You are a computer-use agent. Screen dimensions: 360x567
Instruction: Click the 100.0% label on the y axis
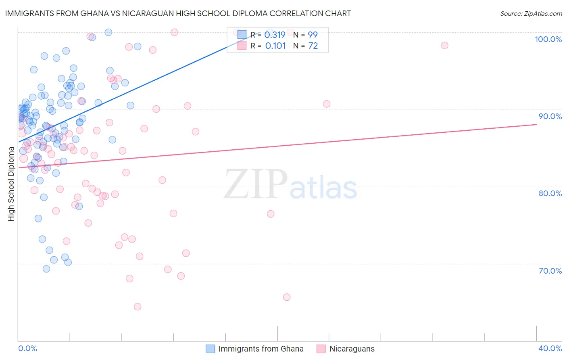[548, 39]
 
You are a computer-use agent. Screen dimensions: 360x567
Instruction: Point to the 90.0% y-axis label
[550, 116]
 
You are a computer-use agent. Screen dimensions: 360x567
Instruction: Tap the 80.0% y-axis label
[550, 193]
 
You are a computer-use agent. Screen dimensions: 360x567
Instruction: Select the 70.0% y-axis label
[550, 271]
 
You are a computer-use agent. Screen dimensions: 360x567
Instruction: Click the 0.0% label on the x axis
[27, 348]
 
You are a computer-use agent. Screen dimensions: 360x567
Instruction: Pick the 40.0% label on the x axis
[550, 348]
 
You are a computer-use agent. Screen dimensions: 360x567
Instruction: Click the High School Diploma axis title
[11, 184]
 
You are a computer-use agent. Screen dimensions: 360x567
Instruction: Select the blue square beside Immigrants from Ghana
[210, 349]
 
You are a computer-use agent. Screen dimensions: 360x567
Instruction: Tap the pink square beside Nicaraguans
[321, 349]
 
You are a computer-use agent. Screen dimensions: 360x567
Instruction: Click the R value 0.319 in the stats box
[275, 35]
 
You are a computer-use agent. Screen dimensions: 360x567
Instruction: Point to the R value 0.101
[275, 46]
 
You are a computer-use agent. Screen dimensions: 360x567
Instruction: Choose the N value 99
[313, 35]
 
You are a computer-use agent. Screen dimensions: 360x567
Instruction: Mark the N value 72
[313, 46]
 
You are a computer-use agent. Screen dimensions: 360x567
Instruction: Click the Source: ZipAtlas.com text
[531, 14]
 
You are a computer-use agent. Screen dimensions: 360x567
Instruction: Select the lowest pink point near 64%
[138, 307]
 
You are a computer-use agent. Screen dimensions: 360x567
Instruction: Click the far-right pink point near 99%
[444, 45]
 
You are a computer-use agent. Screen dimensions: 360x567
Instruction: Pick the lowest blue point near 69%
[46, 269]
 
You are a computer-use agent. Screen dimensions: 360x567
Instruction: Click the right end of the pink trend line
[536, 125]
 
